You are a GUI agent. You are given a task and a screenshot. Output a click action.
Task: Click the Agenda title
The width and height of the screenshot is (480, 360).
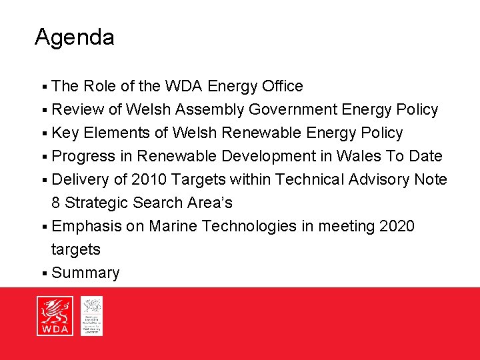pyautogui.click(x=74, y=37)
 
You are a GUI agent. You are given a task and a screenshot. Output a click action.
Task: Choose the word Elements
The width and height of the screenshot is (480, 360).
pyautogui.click(x=116, y=133)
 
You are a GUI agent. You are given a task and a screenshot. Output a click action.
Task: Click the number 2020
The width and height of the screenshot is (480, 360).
pyautogui.click(x=396, y=227)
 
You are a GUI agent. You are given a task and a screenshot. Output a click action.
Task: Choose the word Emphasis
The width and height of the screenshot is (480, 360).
pyautogui.click(x=87, y=227)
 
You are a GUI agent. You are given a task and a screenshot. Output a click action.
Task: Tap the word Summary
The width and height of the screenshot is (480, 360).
pyautogui.click(x=85, y=273)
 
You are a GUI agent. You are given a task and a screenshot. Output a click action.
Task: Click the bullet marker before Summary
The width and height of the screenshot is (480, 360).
pyautogui.click(x=43, y=273)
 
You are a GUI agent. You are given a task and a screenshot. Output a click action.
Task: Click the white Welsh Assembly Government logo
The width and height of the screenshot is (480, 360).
pyautogui.click(x=91, y=316)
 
